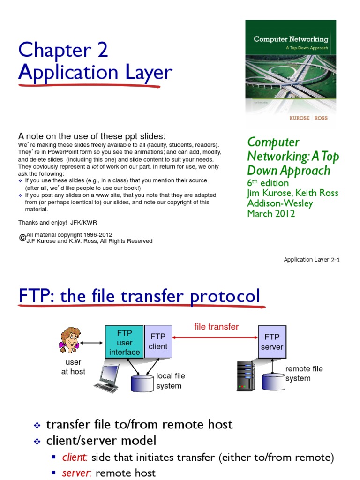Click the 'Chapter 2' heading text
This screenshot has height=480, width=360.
point(63,51)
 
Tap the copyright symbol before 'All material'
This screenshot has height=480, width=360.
point(22,238)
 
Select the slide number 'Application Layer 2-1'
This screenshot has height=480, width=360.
point(311,260)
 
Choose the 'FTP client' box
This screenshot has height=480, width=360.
point(158,342)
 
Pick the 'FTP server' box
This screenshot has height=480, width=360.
point(272,342)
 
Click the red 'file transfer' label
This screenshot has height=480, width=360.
point(216,326)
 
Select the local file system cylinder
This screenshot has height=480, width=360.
point(143,382)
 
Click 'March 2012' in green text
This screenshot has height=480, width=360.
point(271,214)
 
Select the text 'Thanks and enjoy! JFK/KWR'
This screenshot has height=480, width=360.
point(58,222)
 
